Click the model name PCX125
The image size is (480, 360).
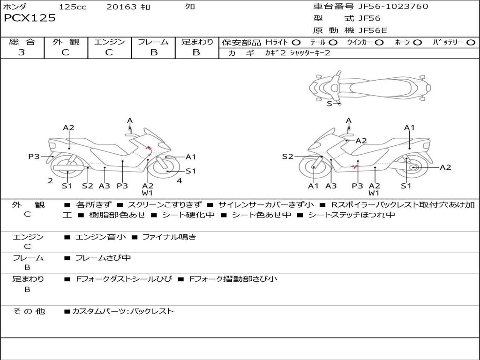coord(30,18)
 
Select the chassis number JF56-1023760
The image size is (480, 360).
coord(386,7)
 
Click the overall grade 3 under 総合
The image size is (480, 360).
coord(22,52)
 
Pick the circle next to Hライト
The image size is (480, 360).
coord(296,43)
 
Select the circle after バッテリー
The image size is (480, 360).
coord(471,43)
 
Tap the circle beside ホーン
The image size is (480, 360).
coord(418,43)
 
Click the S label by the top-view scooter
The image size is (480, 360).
coord(329,104)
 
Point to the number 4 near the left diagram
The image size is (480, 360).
coord(179,181)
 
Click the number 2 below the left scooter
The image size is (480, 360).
coord(50,181)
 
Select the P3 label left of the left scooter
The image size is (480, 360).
coord(34,157)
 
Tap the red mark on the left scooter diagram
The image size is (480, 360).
coord(149,150)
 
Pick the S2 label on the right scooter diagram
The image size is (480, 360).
coord(287,157)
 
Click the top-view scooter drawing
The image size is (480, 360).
coord(369,87)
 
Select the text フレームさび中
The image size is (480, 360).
coord(103,258)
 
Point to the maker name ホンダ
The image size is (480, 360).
coord(15,7)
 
